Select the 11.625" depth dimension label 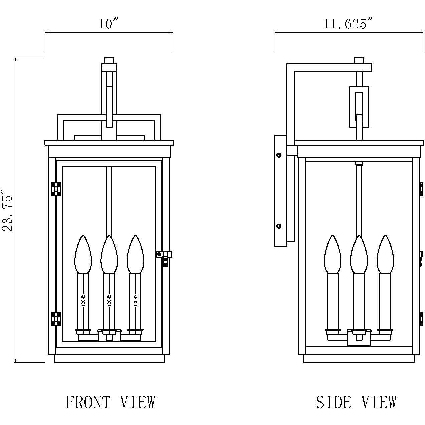click(x=348, y=24)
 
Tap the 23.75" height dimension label click(x=8, y=210)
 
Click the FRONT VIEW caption click(x=111, y=402)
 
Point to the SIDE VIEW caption click(x=356, y=402)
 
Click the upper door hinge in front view click(x=56, y=189)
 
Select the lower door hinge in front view click(x=56, y=319)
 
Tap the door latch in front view click(x=164, y=256)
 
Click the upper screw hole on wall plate click(x=279, y=155)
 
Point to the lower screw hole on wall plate click(x=279, y=226)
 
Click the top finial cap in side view click(x=359, y=61)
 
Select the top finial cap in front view click(x=109, y=61)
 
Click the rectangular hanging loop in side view click(x=359, y=107)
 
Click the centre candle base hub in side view click(x=359, y=338)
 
